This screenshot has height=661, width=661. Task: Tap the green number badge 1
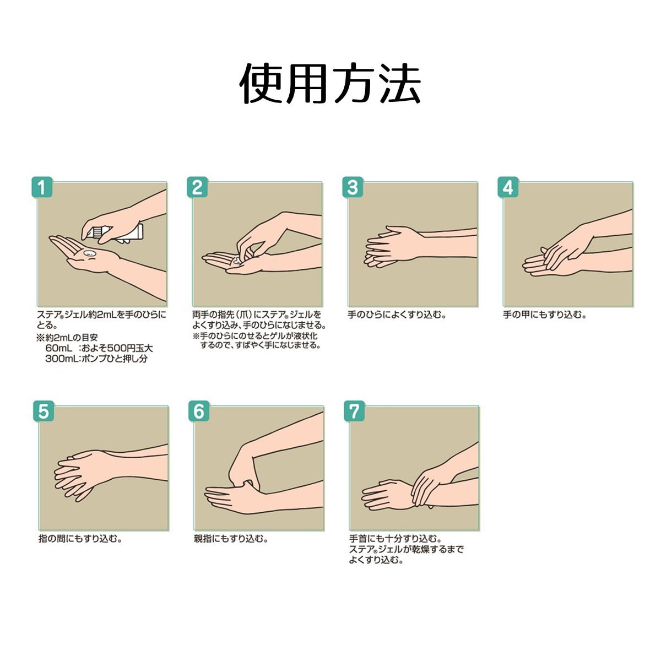coord(42,187)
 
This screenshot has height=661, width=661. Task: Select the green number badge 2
coord(197,187)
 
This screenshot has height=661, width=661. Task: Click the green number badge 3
coord(353,187)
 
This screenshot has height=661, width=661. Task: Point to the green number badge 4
coord(508,187)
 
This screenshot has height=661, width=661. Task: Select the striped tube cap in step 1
coord(94,232)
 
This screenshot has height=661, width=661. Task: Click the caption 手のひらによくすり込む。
coord(397,315)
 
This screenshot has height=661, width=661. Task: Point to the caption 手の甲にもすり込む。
coord(545,315)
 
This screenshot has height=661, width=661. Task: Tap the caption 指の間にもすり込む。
coord(80,539)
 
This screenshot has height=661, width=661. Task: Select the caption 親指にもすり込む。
coord(231,539)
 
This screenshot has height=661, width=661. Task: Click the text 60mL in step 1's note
coord(58,348)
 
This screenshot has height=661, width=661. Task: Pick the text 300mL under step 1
coord(61,359)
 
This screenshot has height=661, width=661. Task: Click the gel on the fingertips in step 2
coord(237,260)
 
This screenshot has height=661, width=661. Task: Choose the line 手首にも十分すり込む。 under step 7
coord(395,539)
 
